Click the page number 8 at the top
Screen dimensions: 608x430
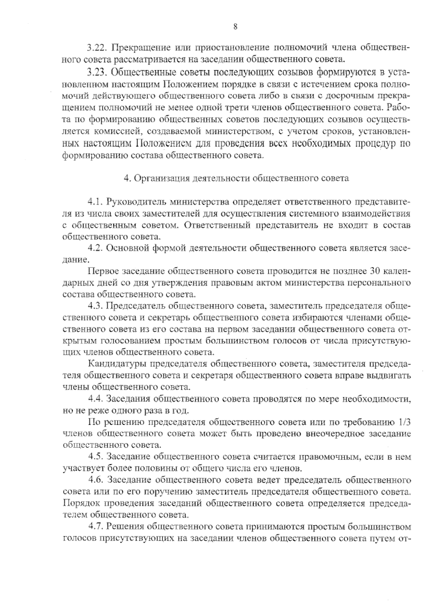pos(235,27)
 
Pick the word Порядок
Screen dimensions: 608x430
pos(81,504)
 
